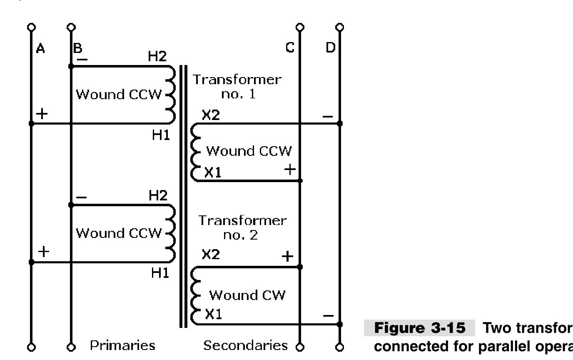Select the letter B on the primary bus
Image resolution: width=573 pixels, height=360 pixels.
(78, 49)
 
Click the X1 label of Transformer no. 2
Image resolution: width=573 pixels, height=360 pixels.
(213, 315)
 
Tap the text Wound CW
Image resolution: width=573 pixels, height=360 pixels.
(247, 295)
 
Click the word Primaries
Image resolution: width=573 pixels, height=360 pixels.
(123, 345)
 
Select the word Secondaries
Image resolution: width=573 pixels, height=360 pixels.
(246, 345)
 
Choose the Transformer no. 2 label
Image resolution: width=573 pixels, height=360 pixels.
(242, 227)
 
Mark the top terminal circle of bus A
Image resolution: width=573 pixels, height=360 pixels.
(31, 27)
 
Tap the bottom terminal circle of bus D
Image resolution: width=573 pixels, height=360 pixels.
(340, 347)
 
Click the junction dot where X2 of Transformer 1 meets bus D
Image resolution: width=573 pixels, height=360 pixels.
(340, 123)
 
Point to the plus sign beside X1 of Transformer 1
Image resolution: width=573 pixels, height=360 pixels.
(290, 169)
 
